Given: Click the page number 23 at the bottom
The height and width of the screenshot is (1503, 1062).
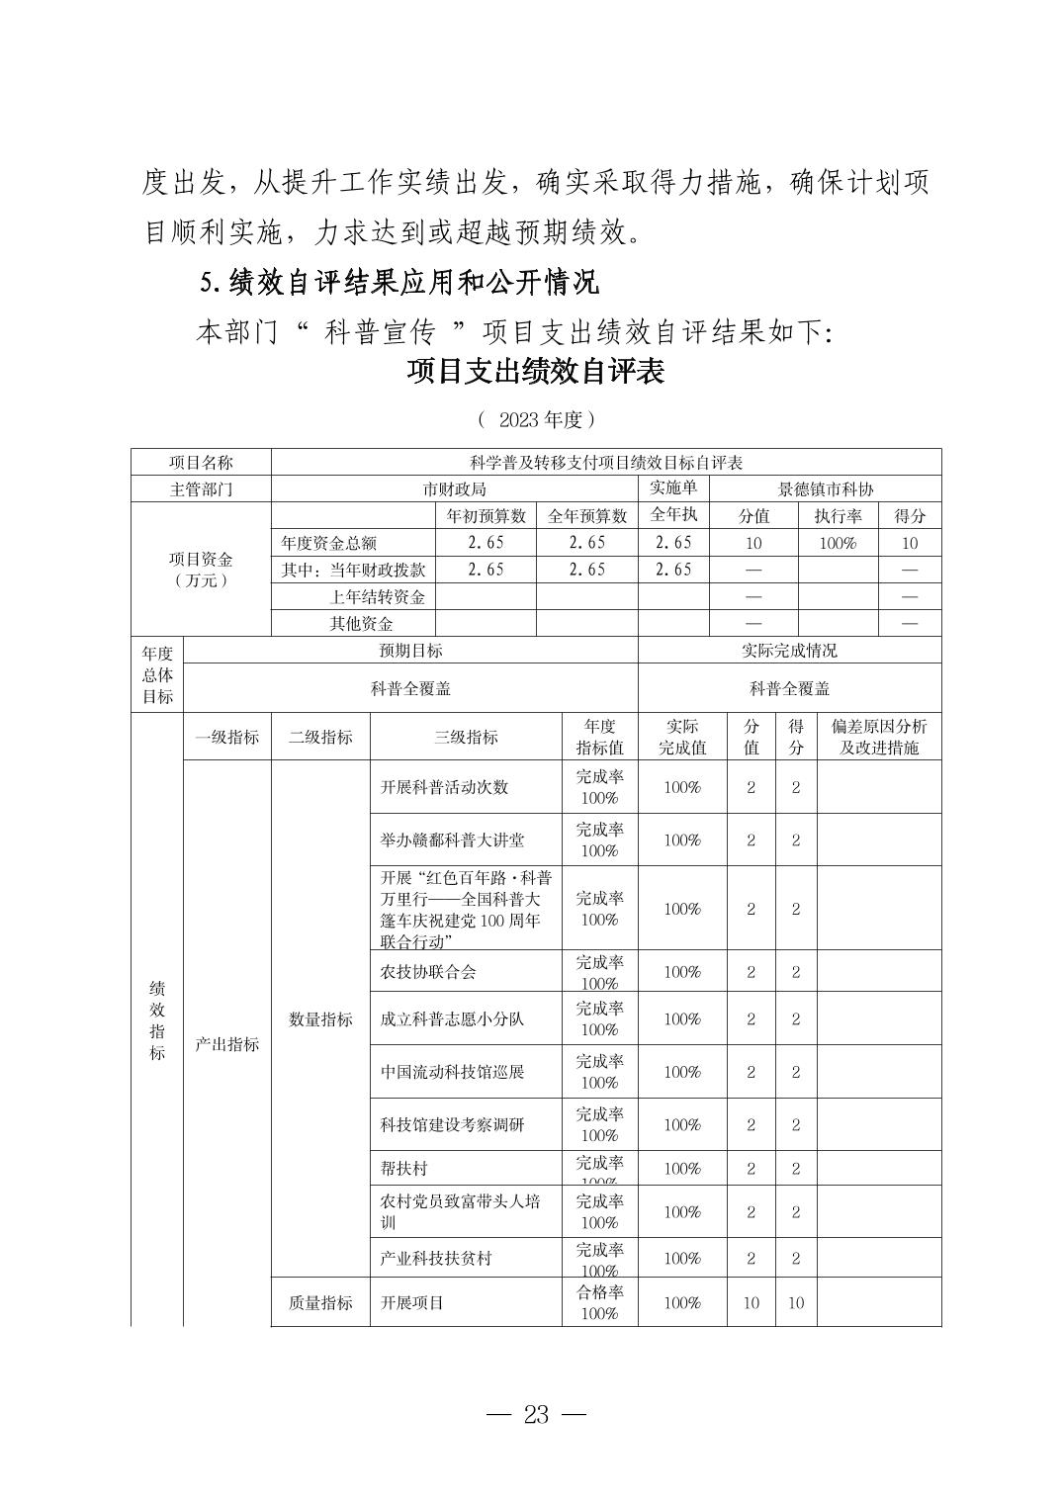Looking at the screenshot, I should tap(535, 1415).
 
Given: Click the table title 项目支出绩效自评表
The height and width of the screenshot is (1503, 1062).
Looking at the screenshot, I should tap(535, 372).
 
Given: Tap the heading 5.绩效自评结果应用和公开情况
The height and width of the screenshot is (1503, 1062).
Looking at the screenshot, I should tap(399, 283).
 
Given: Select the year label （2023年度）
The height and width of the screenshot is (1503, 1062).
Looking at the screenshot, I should tap(535, 420).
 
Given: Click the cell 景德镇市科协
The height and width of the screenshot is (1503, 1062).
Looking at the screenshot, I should tap(826, 488).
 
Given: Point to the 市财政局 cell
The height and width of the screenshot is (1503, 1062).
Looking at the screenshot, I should tap(454, 488).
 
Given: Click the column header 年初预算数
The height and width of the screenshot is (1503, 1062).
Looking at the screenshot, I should tap(485, 515).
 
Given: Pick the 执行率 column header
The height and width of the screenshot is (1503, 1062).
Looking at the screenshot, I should tap(838, 515).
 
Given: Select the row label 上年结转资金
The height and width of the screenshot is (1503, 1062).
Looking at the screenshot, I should tap(377, 596).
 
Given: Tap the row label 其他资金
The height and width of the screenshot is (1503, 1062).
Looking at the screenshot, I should tap(361, 623).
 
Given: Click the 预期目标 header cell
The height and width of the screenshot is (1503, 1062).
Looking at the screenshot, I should tap(410, 650).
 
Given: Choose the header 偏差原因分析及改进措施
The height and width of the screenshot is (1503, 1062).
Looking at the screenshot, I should tap(879, 737).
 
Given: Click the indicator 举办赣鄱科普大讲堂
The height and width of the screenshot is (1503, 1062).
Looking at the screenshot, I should tap(452, 840).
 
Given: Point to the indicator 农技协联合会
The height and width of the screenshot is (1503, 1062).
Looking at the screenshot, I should tap(428, 972).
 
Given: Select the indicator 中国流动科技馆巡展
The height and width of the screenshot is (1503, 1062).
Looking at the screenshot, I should tap(452, 1072).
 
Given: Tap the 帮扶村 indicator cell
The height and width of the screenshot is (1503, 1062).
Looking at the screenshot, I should tap(403, 1169).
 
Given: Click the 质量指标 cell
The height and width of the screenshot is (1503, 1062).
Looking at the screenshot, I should tap(320, 1302).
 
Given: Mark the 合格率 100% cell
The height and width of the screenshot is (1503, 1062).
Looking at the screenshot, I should tap(599, 1302).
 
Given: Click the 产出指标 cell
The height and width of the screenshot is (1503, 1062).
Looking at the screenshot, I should tap(226, 1044).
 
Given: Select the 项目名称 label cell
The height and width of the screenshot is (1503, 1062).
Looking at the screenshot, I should tap(201, 462).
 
